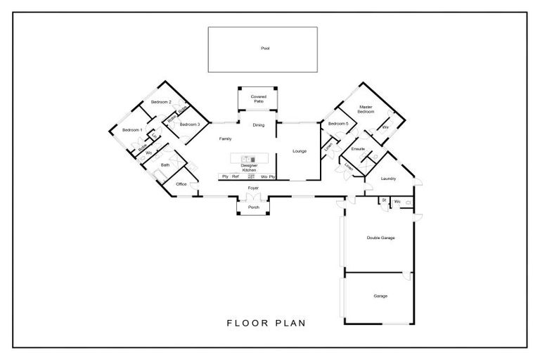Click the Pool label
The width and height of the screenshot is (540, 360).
click(x=265, y=49)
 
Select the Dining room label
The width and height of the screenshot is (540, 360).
click(x=259, y=125)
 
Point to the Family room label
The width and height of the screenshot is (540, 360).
click(x=225, y=139)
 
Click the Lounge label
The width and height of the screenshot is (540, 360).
click(x=300, y=150)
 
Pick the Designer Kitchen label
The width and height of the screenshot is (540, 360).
click(x=250, y=167)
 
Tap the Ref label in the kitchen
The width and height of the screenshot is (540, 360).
click(x=236, y=176)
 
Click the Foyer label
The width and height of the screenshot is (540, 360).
click(x=252, y=189)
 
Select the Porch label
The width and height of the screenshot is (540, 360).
click(x=253, y=207)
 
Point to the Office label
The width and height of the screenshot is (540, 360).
click(x=181, y=184)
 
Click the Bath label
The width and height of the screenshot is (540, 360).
click(x=165, y=165)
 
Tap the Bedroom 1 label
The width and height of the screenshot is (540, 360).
click(x=132, y=130)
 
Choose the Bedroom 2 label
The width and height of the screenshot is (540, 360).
click(x=161, y=103)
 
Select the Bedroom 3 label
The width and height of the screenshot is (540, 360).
click(x=189, y=124)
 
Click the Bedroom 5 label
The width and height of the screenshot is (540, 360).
click(x=338, y=124)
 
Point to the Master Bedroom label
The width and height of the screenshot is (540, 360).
click(x=366, y=110)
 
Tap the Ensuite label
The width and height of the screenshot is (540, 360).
click(x=357, y=148)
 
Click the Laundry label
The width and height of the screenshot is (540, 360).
click(x=388, y=179)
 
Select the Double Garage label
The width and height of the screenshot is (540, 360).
click(x=380, y=238)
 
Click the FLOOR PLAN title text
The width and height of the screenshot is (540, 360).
click(x=265, y=324)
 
